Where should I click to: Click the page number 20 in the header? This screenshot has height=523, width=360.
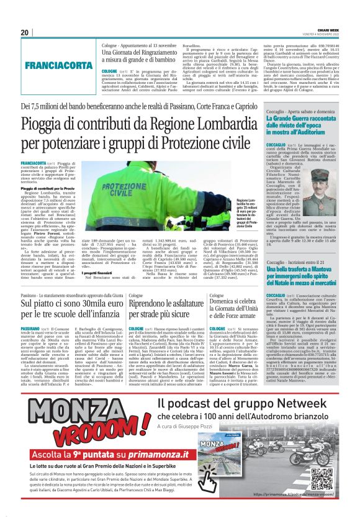coord(25,32)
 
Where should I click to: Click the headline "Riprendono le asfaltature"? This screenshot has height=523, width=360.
coord(164,305)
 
